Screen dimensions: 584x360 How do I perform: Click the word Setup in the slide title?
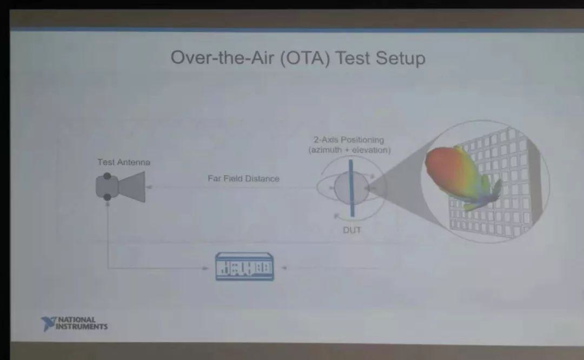pos(400,58)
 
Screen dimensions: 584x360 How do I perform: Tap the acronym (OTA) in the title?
pos(304,58)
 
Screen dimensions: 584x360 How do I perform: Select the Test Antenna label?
pos(124,162)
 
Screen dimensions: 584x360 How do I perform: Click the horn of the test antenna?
pos(132,187)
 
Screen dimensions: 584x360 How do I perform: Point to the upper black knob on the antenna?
pos(107,176)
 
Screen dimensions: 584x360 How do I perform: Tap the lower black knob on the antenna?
pos(107,197)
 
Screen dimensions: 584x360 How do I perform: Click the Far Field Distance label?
pos(243,179)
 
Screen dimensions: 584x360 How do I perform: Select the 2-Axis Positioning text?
pos(349,140)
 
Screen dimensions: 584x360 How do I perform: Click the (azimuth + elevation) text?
pos(349,150)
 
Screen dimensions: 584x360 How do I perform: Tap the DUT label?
pos(352,230)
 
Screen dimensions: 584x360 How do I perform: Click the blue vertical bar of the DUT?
pos(351,188)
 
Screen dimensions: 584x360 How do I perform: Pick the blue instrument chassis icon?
pos(245,266)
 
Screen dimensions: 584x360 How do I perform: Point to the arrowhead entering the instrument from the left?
pos(205,268)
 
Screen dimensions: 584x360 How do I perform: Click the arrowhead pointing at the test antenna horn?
pos(149,187)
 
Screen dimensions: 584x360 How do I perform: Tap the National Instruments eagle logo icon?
pos(48,324)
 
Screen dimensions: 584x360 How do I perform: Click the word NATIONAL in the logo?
pos(77,320)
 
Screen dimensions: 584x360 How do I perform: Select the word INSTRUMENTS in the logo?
pos(82,327)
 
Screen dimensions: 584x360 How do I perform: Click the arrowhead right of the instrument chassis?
pos(284,268)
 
